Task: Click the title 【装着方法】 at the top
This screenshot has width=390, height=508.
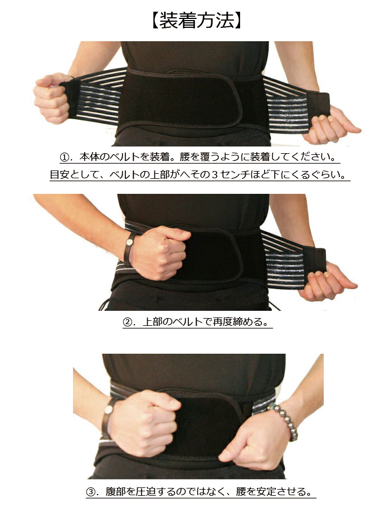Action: (x=195, y=21)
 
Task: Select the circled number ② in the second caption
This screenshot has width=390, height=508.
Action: (x=128, y=322)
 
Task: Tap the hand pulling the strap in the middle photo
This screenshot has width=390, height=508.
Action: (x=326, y=281)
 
